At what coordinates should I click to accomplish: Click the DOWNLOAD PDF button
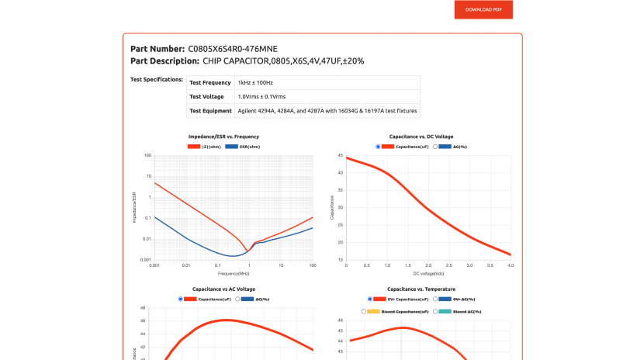pyautogui.click(x=483, y=9)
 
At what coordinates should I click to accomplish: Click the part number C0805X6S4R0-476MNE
pyautogui.click(x=232, y=49)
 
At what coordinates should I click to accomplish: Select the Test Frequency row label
pyautogui.click(x=210, y=82)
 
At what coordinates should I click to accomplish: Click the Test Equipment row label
pyautogui.click(x=210, y=111)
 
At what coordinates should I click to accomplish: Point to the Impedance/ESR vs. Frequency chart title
pyautogui.click(x=223, y=137)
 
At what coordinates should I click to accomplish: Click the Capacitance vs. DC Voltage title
pyautogui.click(x=427, y=137)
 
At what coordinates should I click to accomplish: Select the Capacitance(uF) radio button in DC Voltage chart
pyautogui.click(x=378, y=146)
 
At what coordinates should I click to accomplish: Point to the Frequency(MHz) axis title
pyautogui.click(x=234, y=273)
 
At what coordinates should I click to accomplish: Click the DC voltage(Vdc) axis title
pyautogui.click(x=427, y=273)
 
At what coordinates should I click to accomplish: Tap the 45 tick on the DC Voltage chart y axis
pyautogui.click(x=340, y=155)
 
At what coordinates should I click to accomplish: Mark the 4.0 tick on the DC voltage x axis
pyautogui.click(x=511, y=265)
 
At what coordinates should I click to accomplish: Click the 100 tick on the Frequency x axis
pyautogui.click(x=312, y=265)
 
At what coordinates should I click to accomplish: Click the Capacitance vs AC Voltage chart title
pyautogui.click(x=223, y=289)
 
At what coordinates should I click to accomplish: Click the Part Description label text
pyautogui.click(x=164, y=61)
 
